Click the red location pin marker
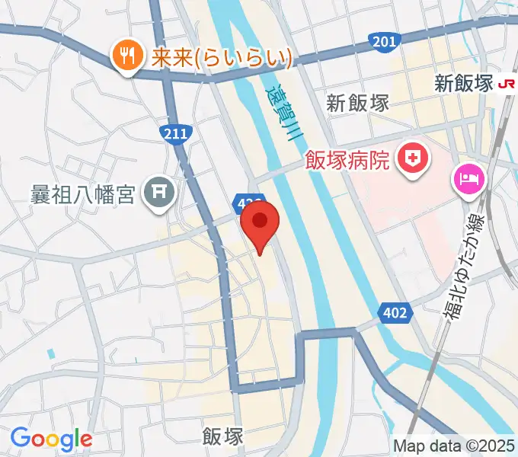[x=260, y=222]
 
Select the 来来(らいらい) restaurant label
[x=220, y=57]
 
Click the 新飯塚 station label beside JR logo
[x=465, y=84]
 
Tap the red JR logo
[x=506, y=85]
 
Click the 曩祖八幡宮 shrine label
[x=84, y=193]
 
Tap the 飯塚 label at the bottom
[x=223, y=436]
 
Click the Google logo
[x=52, y=439]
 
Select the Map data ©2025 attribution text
[x=454, y=446]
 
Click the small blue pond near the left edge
[x=50, y=354]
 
